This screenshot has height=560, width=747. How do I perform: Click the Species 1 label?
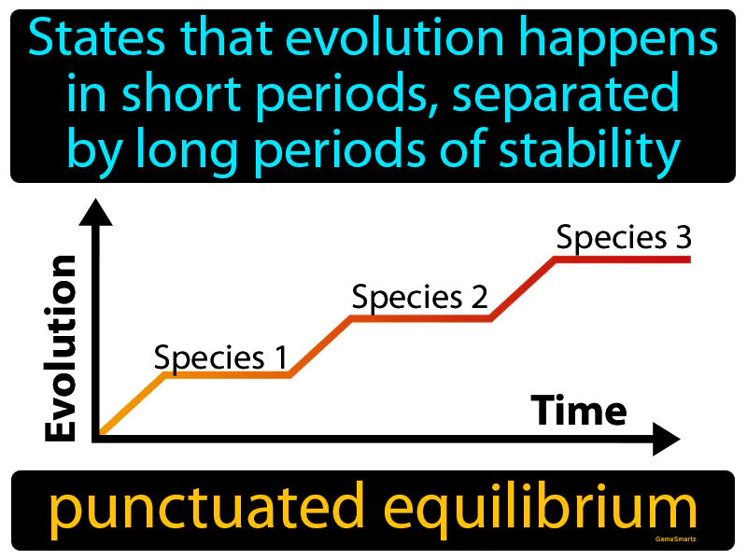pyautogui.click(x=220, y=357)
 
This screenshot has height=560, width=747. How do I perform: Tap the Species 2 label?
pyautogui.click(x=420, y=298)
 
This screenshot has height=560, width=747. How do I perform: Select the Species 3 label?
pyautogui.click(x=624, y=238)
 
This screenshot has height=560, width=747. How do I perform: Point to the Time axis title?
pyautogui.click(x=579, y=410)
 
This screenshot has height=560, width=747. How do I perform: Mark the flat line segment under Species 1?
pyautogui.click(x=227, y=375)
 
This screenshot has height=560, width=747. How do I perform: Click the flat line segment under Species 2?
pyautogui.click(x=420, y=318)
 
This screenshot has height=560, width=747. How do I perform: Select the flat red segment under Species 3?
pyautogui.click(x=623, y=259)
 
